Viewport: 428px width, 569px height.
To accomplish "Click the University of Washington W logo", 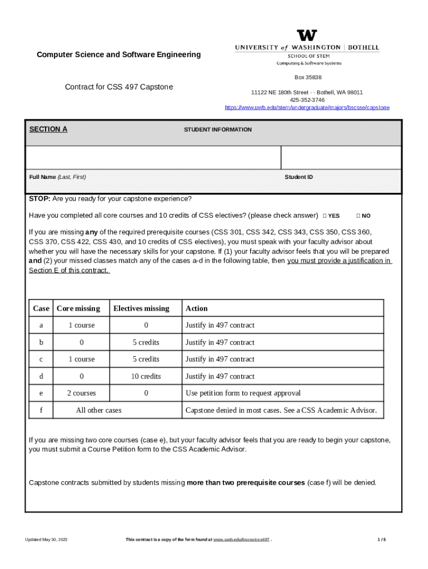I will (x=307, y=36).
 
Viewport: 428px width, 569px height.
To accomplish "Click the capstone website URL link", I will (x=307, y=107).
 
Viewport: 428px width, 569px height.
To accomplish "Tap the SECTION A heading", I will (x=48, y=129).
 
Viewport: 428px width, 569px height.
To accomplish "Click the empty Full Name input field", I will (x=153, y=157).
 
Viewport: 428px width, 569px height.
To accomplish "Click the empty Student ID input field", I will (x=341, y=157).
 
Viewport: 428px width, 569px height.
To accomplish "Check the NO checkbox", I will (x=358, y=216).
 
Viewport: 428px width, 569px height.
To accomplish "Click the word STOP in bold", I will (x=39, y=199).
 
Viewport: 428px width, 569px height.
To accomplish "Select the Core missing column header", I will (x=78, y=308).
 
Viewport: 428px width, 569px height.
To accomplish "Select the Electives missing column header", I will (x=141, y=308).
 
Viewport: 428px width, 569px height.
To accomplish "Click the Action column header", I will (x=197, y=308).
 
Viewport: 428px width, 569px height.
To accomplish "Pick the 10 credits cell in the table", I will (x=146, y=376).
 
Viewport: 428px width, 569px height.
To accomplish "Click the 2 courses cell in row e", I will (x=81, y=393).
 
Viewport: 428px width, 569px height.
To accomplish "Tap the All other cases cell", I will (x=98, y=411).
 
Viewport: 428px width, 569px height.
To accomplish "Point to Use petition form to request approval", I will (x=243, y=393).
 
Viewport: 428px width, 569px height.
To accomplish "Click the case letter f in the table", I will (x=41, y=411).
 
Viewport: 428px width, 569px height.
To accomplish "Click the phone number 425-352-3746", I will (x=307, y=100).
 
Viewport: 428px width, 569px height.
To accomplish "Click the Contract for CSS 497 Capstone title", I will (x=119, y=87).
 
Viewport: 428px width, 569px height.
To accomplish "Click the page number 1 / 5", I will (x=381, y=540).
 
